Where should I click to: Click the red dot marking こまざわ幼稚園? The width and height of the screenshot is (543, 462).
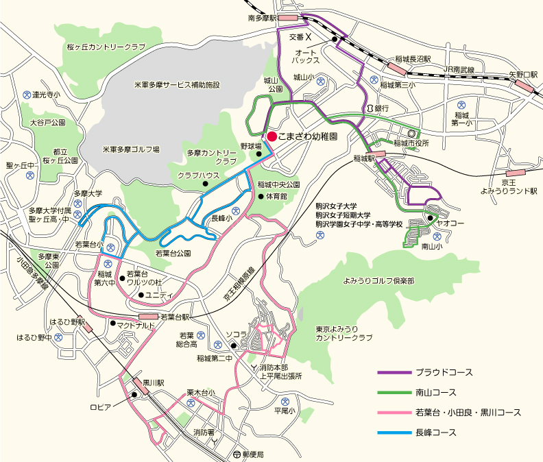(x=272, y=136)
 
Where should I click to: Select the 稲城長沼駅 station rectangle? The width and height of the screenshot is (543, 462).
(x=397, y=68)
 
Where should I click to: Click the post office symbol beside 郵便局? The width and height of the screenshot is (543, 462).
(x=237, y=454)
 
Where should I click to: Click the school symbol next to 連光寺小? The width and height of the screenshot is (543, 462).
(x=27, y=94)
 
